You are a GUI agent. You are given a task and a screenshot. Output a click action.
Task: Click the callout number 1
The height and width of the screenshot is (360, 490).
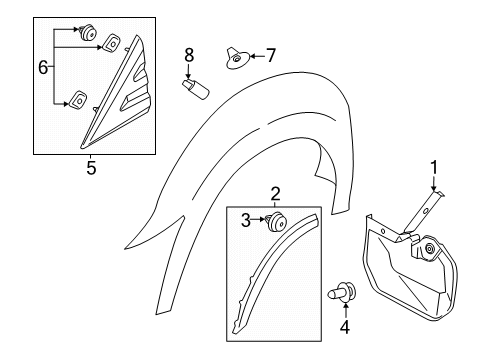click(x=434, y=168)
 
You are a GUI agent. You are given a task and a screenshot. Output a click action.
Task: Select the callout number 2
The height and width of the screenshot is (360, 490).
click(x=275, y=194)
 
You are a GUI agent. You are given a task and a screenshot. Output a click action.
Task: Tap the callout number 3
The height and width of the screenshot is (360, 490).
click(x=246, y=220)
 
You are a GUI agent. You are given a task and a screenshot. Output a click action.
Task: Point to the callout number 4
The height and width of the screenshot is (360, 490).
click(x=345, y=327)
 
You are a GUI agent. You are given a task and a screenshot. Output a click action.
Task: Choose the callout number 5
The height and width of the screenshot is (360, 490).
click(x=91, y=168)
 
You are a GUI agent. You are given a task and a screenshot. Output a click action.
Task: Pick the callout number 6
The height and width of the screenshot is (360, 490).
click(x=43, y=68)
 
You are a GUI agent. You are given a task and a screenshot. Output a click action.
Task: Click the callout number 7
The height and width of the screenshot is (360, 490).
click(x=271, y=55)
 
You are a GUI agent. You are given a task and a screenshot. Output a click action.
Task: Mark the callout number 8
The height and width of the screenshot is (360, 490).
click(x=189, y=55)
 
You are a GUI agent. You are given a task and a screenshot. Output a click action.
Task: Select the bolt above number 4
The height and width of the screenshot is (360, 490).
click(x=343, y=293)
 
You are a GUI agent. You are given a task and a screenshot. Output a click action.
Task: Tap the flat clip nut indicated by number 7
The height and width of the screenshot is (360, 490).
click(x=237, y=58)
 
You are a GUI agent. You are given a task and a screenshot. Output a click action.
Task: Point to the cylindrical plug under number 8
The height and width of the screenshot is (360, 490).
click(x=195, y=89)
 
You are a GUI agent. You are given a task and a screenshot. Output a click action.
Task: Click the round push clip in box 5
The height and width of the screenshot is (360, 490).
click(x=87, y=32)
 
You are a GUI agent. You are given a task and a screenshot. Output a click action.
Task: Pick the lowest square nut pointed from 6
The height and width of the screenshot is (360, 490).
click(x=78, y=99)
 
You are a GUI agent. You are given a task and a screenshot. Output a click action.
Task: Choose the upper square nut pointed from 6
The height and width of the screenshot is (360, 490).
click(x=110, y=43)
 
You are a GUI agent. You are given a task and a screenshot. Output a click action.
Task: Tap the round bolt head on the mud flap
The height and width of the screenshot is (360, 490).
click(x=429, y=248)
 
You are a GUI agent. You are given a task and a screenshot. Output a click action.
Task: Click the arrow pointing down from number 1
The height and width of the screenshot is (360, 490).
click(x=434, y=183)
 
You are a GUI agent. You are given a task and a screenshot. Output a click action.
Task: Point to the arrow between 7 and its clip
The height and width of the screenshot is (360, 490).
click(x=257, y=56)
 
